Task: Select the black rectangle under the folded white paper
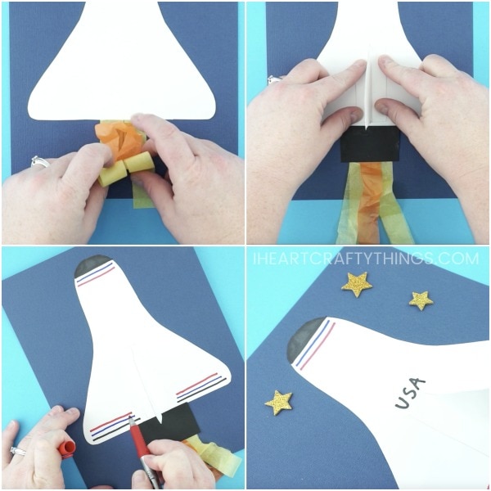point(371,144)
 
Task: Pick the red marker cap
point(67,448)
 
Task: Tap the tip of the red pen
point(130,417)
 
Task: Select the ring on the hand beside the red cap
point(18,451)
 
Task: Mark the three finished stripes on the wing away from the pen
point(200,387)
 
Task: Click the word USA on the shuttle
point(410,393)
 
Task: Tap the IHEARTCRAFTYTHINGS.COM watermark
point(366,259)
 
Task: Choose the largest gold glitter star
point(357,284)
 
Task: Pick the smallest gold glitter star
point(421,300)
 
